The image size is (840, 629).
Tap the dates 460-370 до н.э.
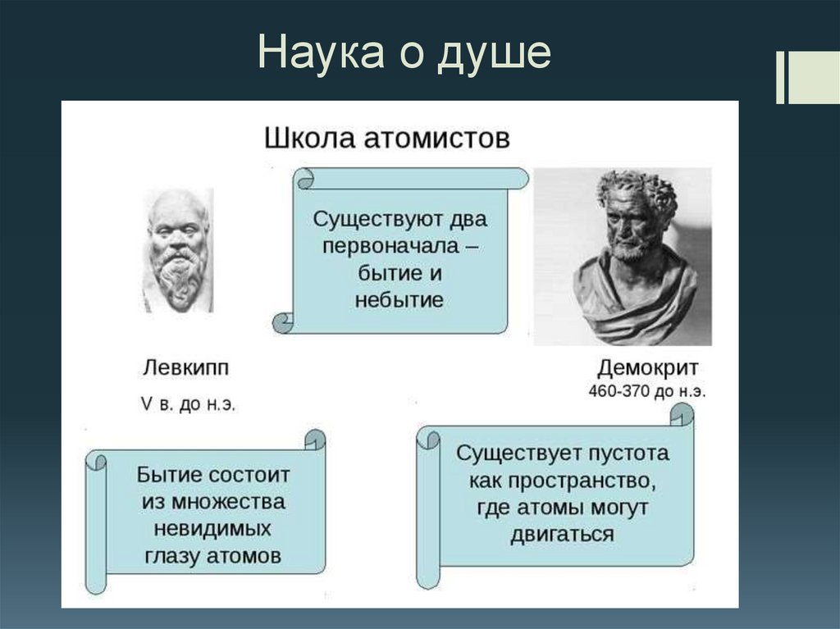click(647, 391)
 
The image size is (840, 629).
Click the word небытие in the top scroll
click(399, 299)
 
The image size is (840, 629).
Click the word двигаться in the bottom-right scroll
click(562, 535)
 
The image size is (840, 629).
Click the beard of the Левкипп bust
click(180, 275)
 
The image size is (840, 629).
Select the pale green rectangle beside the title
click(813, 78)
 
